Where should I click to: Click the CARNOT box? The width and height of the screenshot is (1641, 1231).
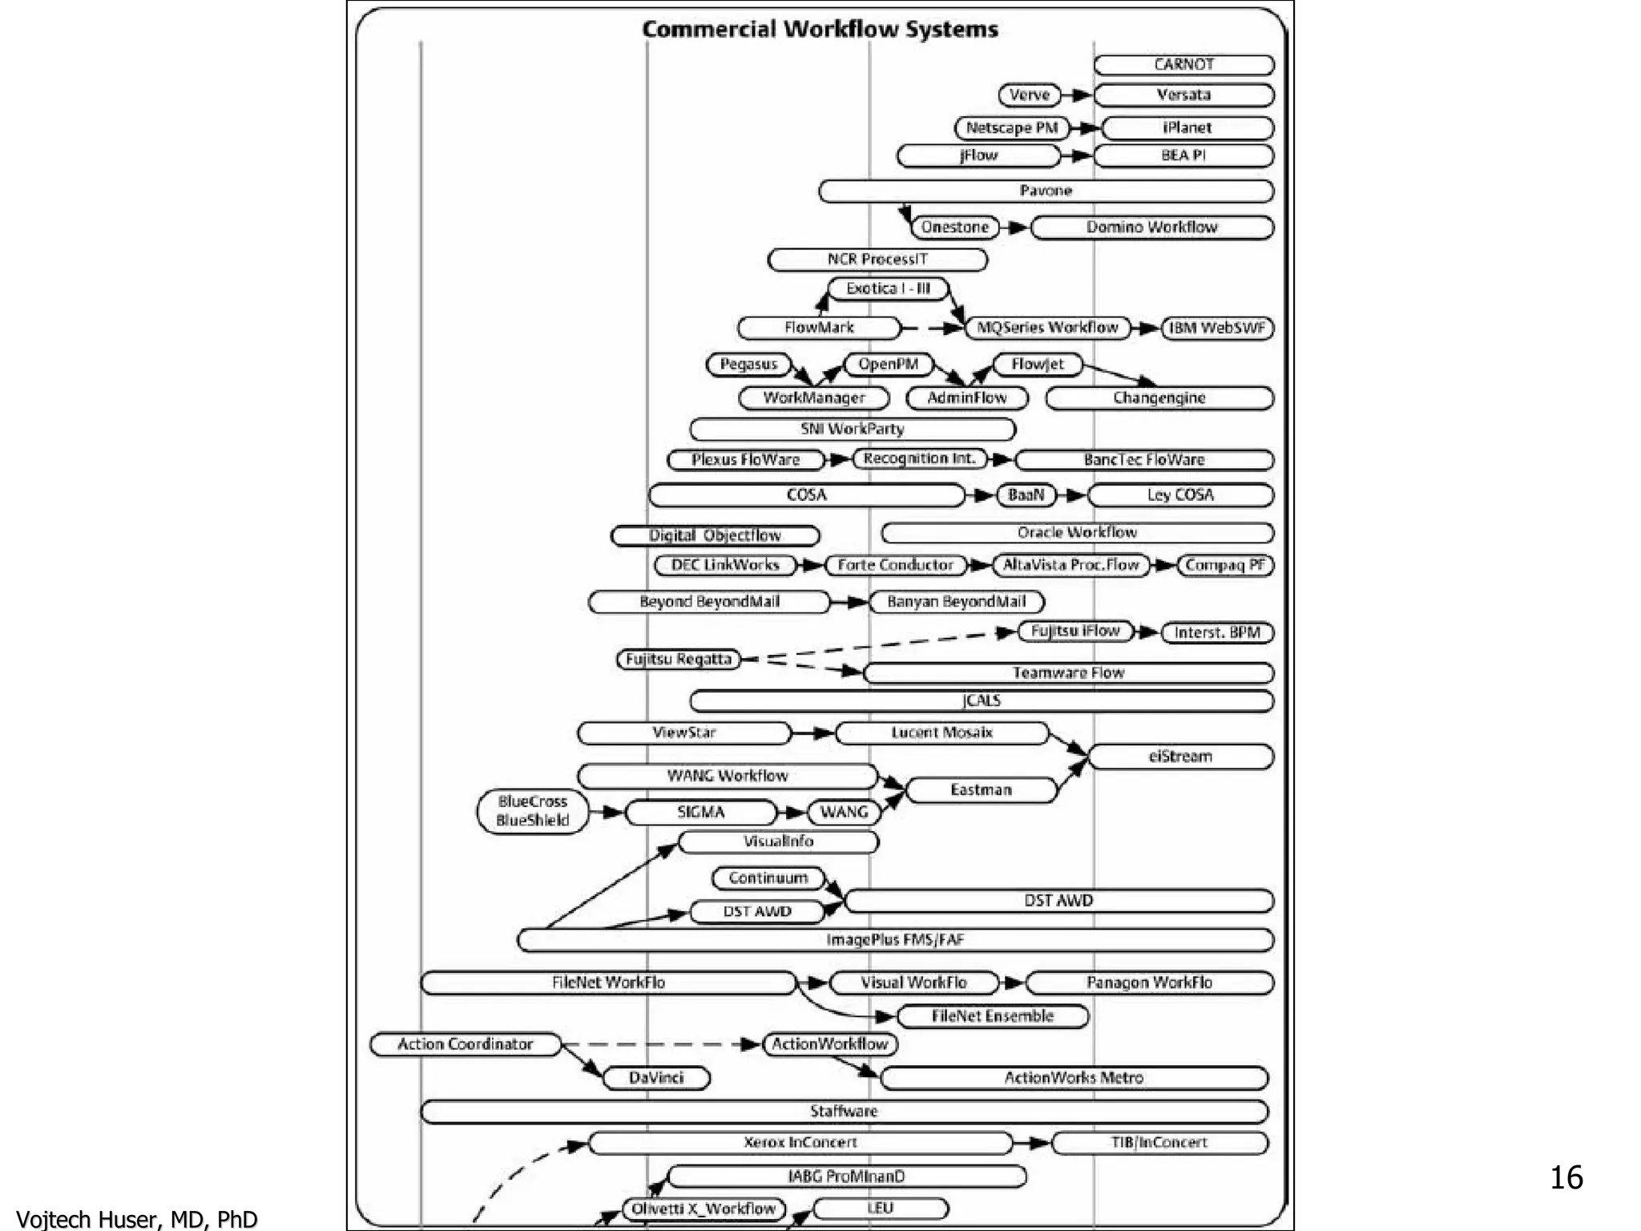point(1183,65)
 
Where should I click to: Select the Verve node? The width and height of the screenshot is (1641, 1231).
point(1030,95)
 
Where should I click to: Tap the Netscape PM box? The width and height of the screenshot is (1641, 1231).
point(1012,128)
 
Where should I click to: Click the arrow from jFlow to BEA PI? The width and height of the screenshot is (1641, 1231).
point(1078,155)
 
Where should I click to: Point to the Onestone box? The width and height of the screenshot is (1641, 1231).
point(955,228)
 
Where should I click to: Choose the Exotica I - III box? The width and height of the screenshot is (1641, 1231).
point(888,289)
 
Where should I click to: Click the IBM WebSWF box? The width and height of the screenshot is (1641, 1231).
point(1217,328)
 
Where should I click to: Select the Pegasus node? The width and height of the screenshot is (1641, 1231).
point(748,365)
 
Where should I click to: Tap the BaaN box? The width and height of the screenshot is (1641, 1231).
point(1026,495)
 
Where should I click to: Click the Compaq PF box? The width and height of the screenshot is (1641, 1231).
point(1225,565)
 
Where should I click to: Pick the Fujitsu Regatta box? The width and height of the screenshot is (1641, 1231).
point(679,660)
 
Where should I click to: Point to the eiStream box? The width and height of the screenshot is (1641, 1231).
point(1180,757)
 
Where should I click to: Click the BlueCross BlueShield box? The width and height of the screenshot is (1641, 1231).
point(532,811)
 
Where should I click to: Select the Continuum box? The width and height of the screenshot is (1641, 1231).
point(768,878)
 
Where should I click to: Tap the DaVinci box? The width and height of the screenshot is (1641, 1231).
point(656,1078)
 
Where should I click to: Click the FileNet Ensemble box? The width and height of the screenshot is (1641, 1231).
point(993,1016)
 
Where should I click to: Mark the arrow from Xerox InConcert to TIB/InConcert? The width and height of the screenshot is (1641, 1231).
point(1034,1143)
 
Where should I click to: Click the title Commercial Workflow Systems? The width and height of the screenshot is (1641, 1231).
point(820,30)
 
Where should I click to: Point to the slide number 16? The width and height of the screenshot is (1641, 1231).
point(1566,1177)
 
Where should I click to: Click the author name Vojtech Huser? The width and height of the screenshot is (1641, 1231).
point(136,1219)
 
